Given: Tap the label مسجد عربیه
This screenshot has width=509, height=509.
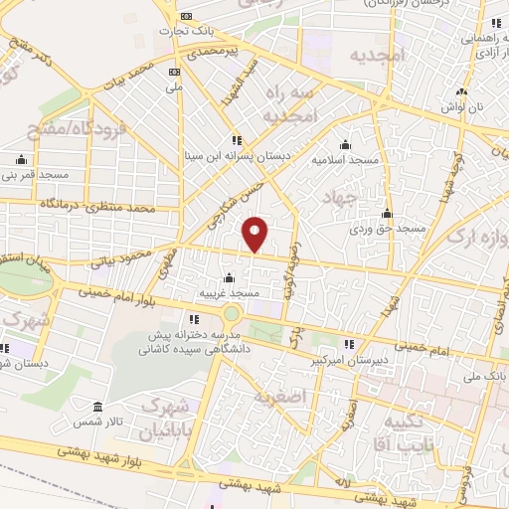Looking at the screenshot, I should [230, 293].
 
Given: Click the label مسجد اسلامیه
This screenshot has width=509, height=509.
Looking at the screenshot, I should [344, 159].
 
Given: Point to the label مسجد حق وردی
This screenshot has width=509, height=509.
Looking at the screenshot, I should [387, 230].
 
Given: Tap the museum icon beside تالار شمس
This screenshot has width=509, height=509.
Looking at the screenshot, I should [96, 408].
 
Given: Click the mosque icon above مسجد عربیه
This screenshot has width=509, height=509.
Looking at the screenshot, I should [230, 278].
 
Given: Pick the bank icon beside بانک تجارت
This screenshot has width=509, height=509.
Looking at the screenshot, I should [186, 17].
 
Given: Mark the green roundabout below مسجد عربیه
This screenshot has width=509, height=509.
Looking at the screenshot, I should [232, 314].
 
